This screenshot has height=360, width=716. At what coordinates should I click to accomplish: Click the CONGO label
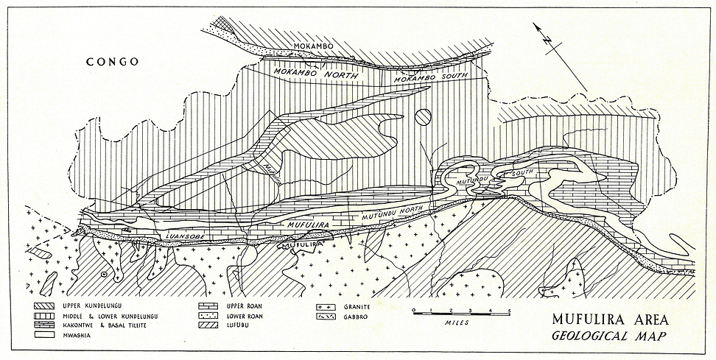click(x=112, y=62)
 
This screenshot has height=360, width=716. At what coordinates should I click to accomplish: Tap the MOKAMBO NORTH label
click(x=315, y=74)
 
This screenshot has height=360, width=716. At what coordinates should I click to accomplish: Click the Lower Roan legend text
click(x=248, y=314)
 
